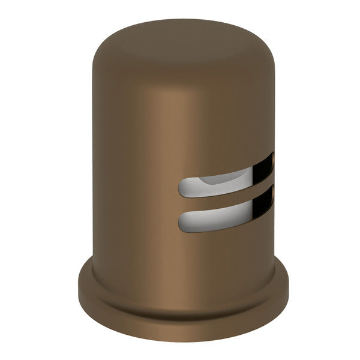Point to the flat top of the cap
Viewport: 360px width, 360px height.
[x=180, y=36]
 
